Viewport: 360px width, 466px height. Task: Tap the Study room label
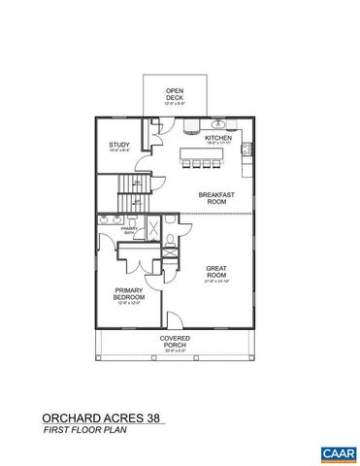click(x=117, y=146)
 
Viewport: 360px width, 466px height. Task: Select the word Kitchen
click(x=215, y=138)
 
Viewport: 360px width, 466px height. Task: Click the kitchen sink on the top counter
click(x=218, y=124)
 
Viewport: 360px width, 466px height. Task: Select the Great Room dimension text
click(x=216, y=283)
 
